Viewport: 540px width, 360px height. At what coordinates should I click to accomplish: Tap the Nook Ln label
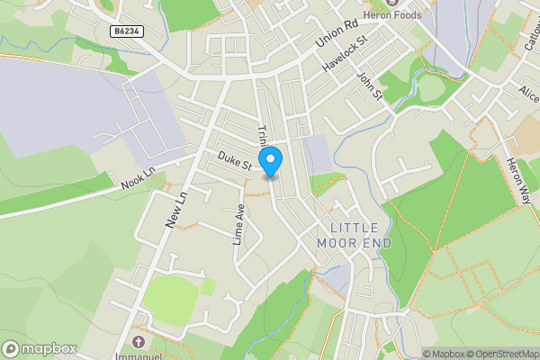pos(138,178)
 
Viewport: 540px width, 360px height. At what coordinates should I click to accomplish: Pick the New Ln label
pos(175,210)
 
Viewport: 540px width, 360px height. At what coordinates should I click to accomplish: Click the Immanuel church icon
pos(138,342)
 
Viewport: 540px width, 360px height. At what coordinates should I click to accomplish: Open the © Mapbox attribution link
pos(445,354)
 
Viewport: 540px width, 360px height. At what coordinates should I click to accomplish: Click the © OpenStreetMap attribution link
pos(504,354)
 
